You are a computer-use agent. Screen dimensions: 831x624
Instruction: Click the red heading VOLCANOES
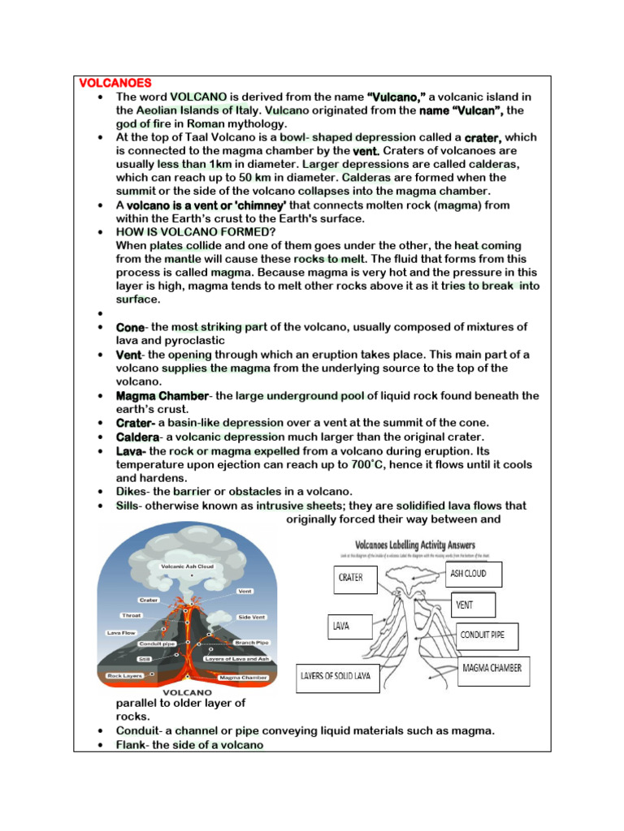pyautogui.click(x=115, y=83)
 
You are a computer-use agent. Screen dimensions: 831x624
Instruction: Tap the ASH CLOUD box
pyautogui.click(x=474, y=574)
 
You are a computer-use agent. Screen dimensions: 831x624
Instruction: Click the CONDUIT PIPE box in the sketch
pyautogui.click(x=487, y=635)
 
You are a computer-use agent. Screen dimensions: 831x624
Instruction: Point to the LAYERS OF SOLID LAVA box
pyautogui.click(x=337, y=675)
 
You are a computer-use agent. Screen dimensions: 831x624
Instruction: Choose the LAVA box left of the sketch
pyautogui.click(x=350, y=626)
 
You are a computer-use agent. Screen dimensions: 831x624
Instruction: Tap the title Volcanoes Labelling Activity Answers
pyautogui.click(x=415, y=545)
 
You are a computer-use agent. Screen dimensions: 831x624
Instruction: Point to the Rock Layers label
pyautogui.click(x=125, y=675)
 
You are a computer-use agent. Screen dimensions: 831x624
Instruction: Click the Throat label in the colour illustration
pyautogui.click(x=131, y=615)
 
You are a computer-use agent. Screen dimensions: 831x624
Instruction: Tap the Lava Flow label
pyautogui.click(x=121, y=632)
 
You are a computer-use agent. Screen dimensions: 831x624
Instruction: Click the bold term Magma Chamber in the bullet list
pyautogui.click(x=162, y=396)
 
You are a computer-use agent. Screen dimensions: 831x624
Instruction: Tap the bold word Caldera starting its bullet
pyautogui.click(x=137, y=437)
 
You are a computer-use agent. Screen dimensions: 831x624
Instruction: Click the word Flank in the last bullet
pyautogui.click(x=130, y=744)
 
